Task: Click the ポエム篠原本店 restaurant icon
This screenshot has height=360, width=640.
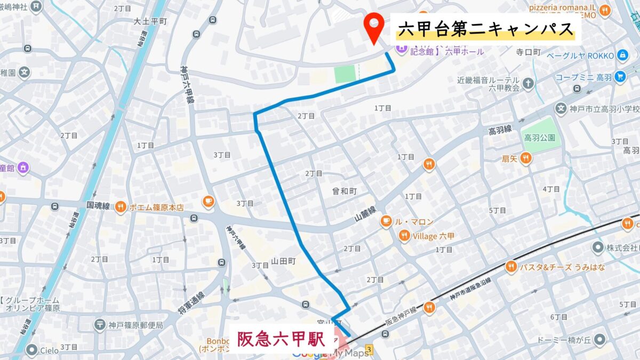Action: (x=121, y=207)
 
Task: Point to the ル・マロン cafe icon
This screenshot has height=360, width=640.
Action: (x=386, y=221)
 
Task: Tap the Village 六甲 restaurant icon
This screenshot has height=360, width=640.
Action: (x=405, y=236)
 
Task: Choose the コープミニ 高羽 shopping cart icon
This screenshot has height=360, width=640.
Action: (x=619, y=77)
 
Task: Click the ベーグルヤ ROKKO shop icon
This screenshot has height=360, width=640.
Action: (x=622, y=55)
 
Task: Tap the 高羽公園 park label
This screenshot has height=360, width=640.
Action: (x=539, y=138)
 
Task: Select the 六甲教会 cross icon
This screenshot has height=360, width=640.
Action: (x=527, y=83)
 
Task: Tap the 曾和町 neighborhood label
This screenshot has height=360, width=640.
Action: (x=344, y=190)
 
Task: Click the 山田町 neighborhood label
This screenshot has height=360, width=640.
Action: (x=283, y=261)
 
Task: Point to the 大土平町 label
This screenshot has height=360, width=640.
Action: (x=150, y=21)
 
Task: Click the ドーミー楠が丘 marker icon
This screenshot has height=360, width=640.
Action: (x=601, y=339)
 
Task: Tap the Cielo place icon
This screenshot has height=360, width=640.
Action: (x=32, y=350)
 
